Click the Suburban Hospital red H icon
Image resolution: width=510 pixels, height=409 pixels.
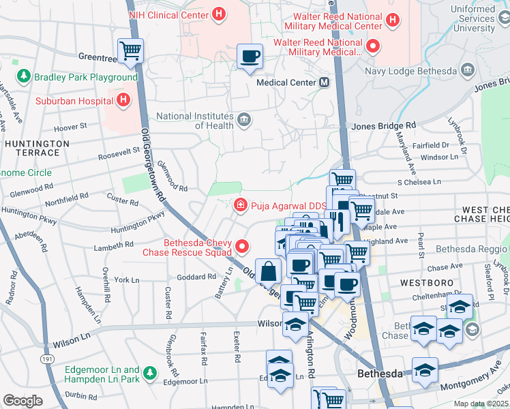(x=123, y=102)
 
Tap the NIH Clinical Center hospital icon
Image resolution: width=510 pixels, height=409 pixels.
(x=218, y=13)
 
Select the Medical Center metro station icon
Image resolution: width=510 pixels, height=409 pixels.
(x=324, y=82)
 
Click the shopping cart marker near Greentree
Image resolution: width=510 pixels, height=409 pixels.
(x=130, y=50)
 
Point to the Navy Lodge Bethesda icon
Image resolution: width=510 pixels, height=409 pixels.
(x=467, y=70)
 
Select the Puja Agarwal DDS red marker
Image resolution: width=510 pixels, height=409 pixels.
(x=240, y=204)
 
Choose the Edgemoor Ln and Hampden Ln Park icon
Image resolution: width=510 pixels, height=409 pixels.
(x=149, y=373)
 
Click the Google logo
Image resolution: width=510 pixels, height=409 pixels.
(x=22, y=400)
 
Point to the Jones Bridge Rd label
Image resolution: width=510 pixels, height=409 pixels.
(x=383, y=126)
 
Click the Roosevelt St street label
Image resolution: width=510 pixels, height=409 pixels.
(x=117, y=156)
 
